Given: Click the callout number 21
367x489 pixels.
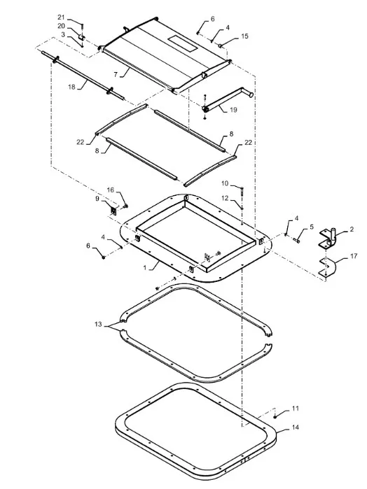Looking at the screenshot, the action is [61, 17].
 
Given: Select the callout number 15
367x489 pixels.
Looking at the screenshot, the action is [244, 36].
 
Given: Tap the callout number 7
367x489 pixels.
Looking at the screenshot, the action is [116, 75].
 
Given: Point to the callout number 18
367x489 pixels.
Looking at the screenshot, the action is [72, 87].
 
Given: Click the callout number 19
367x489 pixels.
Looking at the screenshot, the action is [233, 110].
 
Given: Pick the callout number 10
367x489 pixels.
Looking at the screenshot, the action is [225, 183].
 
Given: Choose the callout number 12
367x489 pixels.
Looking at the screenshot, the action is [225, 198].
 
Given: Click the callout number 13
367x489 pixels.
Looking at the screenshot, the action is [98, 325].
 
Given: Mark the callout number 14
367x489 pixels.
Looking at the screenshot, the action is [295, 427].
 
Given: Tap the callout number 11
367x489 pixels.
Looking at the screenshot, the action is [295, 409].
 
